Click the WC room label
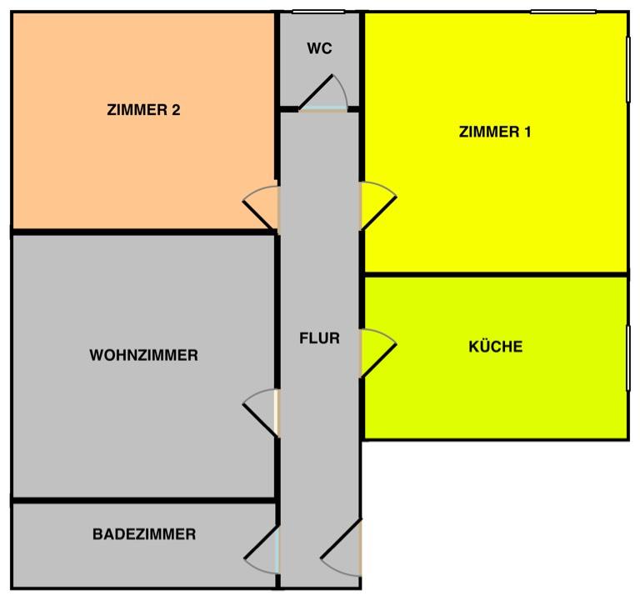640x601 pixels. point(320,48)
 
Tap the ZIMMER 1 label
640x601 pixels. point(495,132)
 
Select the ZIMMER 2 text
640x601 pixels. point(143,110)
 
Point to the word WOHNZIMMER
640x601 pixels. point(143,355)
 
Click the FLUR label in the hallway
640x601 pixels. point(320,338)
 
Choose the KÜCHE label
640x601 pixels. point(496,346)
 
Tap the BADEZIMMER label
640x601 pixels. point(144,534)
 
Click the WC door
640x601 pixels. point(322,93)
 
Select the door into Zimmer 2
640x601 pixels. point(261,208)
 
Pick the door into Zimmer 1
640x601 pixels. point(378,206)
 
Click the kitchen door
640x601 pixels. point(378,353)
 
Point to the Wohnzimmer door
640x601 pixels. point(261,413)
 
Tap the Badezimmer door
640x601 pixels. point(262,550)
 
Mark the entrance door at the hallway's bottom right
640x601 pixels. point(341,548)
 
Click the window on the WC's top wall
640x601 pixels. point(319,12)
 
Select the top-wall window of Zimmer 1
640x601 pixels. point(563,12)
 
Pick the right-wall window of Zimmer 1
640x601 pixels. point(628,69)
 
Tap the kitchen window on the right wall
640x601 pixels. point(628,358)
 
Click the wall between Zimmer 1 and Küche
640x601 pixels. point(495,274)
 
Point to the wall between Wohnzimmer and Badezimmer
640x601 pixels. point(143,500)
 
